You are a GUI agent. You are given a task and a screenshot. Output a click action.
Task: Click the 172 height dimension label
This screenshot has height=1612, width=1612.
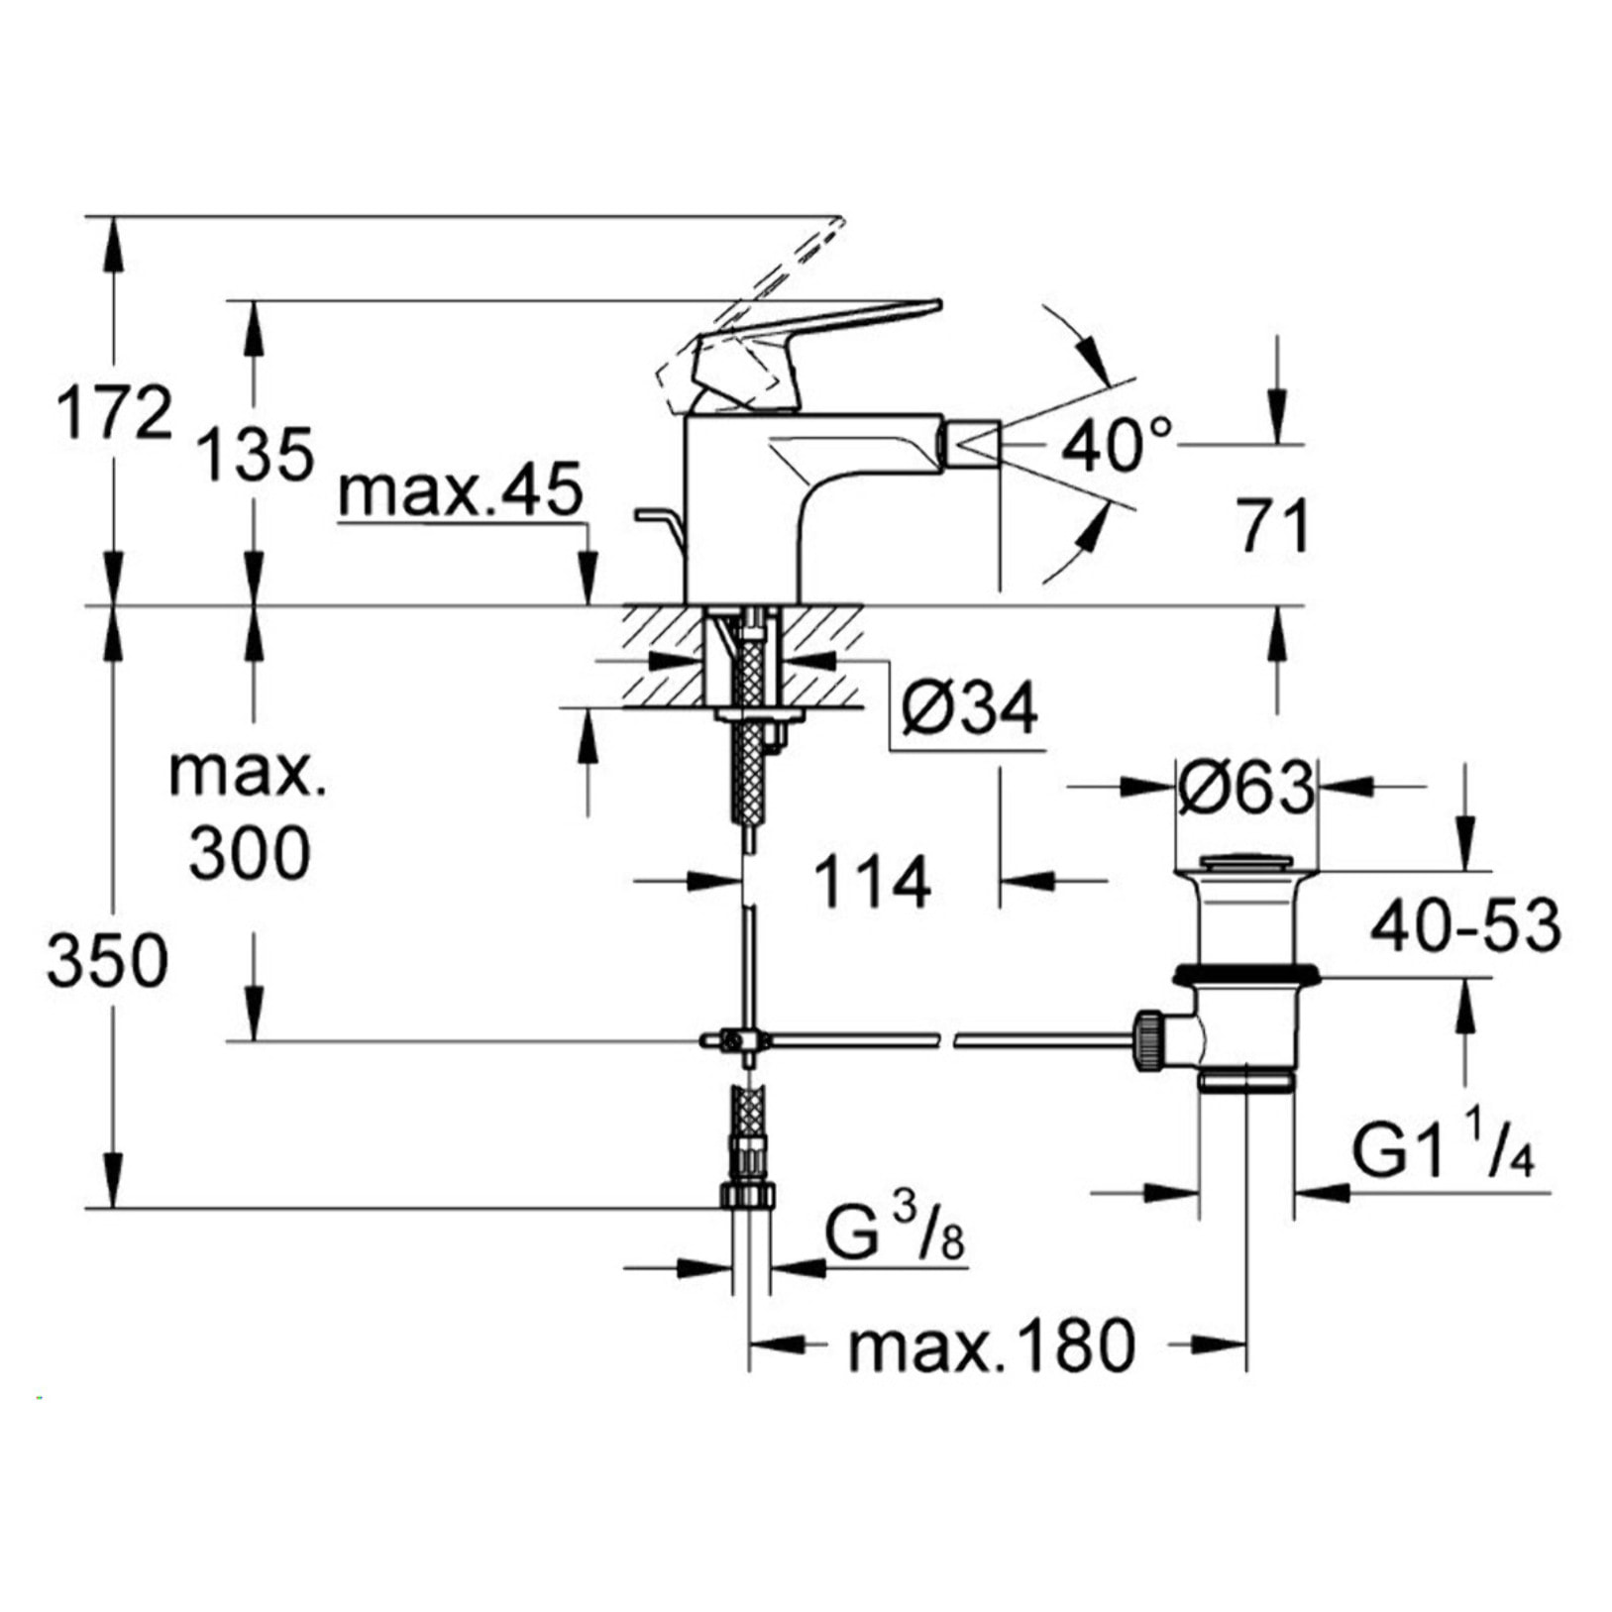(114, 413)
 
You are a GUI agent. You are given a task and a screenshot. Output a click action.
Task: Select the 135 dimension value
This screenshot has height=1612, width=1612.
(256, 455)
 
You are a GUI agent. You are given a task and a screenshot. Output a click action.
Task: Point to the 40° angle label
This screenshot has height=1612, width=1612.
(1117, 445)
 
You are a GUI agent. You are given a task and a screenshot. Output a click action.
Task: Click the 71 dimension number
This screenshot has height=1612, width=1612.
(1273, 526)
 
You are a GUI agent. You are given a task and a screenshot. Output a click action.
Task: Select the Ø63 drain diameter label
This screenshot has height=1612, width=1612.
(1246, 789)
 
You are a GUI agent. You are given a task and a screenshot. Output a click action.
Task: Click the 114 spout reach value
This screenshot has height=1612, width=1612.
(872, 882)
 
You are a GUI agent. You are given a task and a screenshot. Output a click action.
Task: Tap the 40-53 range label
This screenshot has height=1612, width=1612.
(1464, 926)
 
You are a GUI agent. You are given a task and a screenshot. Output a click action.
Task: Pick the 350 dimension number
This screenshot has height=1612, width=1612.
(107, 961)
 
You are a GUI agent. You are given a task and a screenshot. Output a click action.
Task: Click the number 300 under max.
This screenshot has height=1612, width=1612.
(249, 853)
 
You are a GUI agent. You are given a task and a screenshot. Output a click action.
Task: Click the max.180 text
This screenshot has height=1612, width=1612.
(991, 1346)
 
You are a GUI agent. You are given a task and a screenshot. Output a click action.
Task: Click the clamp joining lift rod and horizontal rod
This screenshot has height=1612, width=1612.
(733, 1040)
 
